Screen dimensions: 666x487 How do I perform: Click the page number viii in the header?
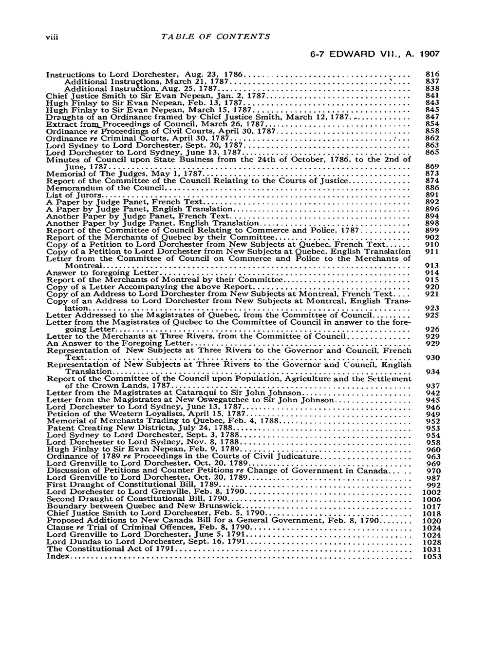(52, 37)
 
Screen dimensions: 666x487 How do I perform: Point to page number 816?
(432, 75)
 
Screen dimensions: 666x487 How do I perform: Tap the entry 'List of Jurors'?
(74, 195)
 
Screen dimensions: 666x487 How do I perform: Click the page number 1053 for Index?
(432, 556)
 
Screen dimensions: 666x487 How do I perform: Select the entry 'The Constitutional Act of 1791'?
(111, 549)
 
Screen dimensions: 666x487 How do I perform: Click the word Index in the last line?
(56, 556)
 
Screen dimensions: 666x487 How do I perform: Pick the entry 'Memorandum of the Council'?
(105, 188)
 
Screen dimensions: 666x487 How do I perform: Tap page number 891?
(432, 195)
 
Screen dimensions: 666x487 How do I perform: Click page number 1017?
(432, 507)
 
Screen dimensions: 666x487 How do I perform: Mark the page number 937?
(432, 386)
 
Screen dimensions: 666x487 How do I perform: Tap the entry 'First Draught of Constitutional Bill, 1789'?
(132, 485)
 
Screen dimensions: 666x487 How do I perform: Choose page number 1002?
(432, 492)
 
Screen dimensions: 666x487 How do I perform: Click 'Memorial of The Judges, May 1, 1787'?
(124, 174)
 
